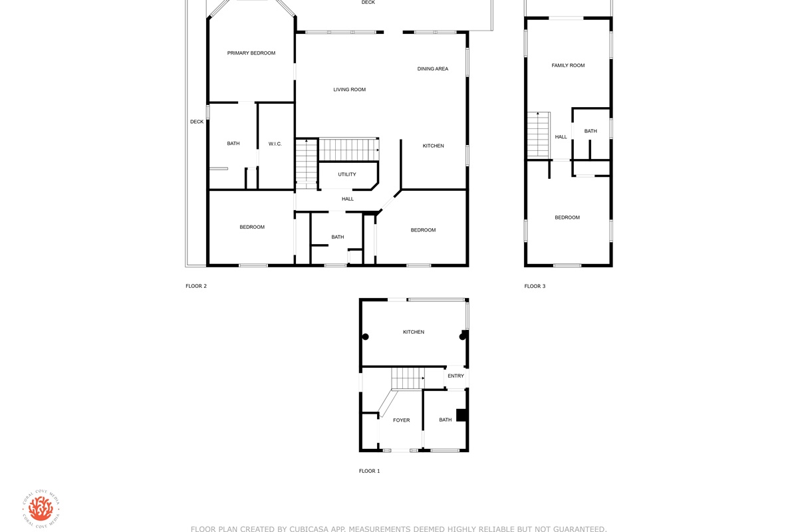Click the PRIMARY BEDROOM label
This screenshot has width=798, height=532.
point(251,53)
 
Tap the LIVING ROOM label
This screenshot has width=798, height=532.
point(350,89)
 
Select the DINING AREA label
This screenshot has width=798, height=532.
point(433,68)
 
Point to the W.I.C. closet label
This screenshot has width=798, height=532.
point(275,144)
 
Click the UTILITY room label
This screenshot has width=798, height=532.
point(347,174)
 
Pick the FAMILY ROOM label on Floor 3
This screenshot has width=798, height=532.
point(568,65)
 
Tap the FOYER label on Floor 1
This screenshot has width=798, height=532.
point(402,420)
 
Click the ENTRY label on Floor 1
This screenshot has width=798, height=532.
point(456,376)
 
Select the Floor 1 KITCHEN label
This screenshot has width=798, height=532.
point(414,332)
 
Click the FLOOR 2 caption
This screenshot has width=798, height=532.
point(196,286)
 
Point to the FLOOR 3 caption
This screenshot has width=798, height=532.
point(535,286)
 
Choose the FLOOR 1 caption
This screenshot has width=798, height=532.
point(370,471)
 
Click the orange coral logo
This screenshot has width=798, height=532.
point(41,509)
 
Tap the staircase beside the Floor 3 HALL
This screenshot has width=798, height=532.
point(539,136)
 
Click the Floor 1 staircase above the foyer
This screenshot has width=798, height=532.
point(408,378)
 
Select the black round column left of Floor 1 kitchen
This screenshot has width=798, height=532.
point(366,336)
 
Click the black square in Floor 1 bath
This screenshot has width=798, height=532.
point(462,415)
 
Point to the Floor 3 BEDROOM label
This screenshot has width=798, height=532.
point(567,217)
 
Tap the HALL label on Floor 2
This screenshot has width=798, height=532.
point(348,199)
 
